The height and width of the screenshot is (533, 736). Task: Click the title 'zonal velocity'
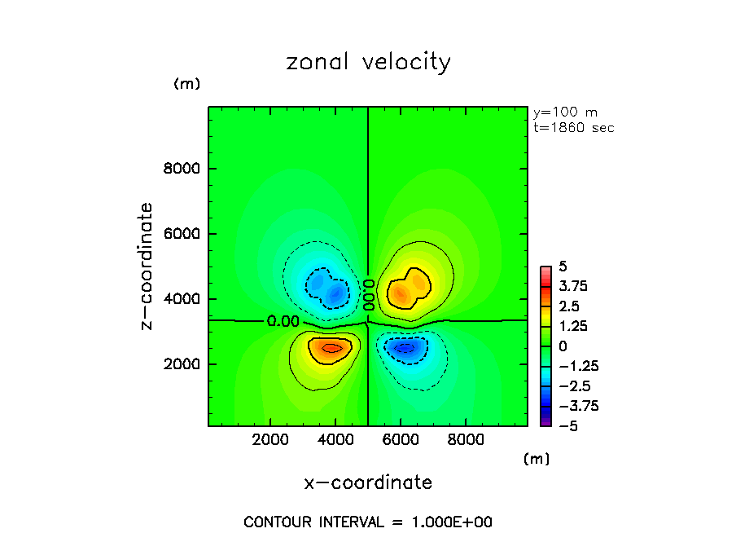(x=368, y=63)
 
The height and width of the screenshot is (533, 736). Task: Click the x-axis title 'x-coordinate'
(x=368, y=482)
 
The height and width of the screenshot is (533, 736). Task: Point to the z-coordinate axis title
(x=147, y=266)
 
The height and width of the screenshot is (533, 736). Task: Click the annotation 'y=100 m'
(x=565, y=112)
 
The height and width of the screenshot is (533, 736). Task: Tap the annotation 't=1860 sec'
(x=573, y=128)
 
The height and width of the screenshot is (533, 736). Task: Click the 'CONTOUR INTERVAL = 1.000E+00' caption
(x=368, y=522)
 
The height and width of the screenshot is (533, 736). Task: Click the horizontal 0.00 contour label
(x=283, y=321)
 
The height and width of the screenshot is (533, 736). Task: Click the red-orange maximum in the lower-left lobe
(x=330, y=348)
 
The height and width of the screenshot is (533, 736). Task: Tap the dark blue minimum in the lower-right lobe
(x=405, y=348)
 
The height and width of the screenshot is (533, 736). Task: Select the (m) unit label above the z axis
(x=186, y=84)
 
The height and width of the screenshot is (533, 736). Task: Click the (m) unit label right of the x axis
(x=537, y=459)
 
